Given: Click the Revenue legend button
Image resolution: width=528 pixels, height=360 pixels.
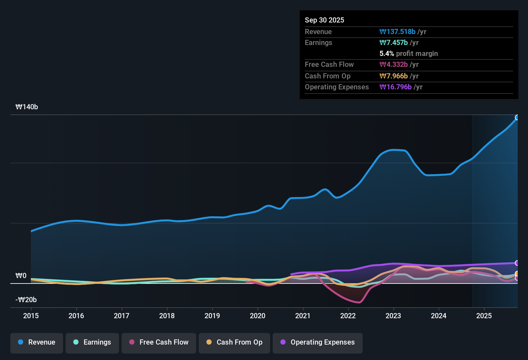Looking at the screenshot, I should coord(37,342).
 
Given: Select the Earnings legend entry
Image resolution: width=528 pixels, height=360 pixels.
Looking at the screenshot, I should coord(92,342).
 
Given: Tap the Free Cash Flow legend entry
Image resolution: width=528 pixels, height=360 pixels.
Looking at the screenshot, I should coord(159,342).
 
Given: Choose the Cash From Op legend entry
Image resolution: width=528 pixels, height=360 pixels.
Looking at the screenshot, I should coord(234,342).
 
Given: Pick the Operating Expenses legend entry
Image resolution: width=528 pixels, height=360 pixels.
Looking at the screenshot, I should coord(318,342).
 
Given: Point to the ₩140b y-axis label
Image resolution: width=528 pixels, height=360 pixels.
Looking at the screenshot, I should coord(27,107).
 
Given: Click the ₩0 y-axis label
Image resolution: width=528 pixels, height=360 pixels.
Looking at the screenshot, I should coord(21,276).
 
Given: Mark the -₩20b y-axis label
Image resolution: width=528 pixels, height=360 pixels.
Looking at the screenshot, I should coord(26,300).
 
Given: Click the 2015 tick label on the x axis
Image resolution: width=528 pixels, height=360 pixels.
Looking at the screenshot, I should coord(31,316).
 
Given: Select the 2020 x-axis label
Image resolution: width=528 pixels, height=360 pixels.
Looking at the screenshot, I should coord(258,316).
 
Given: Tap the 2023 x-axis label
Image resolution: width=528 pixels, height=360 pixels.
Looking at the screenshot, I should coord(393,316).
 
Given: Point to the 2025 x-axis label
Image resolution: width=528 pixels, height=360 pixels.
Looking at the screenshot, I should coord(484,316).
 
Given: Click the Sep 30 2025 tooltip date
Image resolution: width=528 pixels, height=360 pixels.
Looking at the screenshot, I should coord(324,20).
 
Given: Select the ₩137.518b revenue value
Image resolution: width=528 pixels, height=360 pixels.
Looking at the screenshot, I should coord(397,32).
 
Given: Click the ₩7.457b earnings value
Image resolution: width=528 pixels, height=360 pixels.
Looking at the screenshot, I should coord(394,43).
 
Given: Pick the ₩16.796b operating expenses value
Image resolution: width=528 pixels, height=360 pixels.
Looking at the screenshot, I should coord(396,87).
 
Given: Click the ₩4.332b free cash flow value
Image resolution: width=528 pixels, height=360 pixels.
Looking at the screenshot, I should coord(394,65).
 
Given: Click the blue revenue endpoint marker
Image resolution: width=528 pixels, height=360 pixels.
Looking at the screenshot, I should coord(517,118).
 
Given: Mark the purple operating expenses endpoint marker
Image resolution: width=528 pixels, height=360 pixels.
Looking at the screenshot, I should coord(517,263).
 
